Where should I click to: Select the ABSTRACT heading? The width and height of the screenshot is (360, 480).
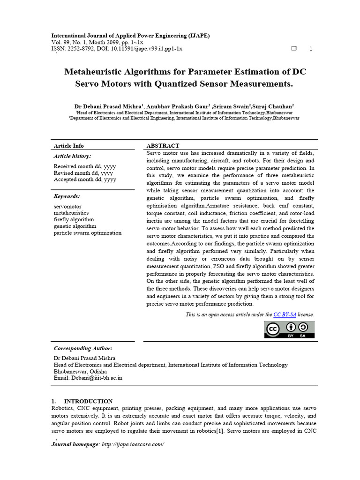point(163,146)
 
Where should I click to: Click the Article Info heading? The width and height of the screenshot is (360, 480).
point(69,146)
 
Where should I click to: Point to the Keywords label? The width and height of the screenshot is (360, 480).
point(67,196)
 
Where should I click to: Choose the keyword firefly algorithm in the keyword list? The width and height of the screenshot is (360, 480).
point(74,219)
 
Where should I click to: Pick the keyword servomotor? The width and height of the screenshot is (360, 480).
point(67,206)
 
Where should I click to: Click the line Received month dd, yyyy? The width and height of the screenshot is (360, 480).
point(85,166)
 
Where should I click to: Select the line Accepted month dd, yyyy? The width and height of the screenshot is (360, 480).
point(85,180)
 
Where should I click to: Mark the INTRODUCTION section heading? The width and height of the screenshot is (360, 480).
point(88,401)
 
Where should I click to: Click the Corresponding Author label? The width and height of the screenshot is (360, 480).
point(83,348)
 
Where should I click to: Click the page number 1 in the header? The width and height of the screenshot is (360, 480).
point(311,49)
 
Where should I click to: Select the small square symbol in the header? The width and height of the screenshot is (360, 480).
point(294,49)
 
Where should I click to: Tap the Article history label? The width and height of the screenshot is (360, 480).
point(73,156)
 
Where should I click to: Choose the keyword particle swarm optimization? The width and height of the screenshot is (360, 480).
point(88,232)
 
